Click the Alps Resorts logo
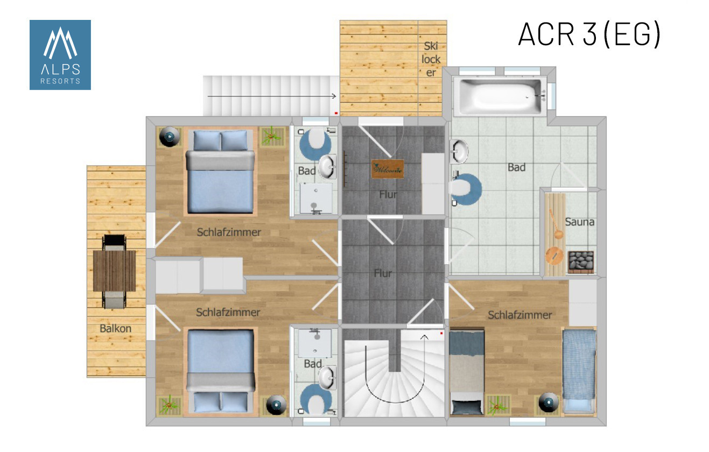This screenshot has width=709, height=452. point(60,55)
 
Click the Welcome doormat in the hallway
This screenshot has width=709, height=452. point(388,169)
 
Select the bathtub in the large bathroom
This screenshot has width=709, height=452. point(501,96)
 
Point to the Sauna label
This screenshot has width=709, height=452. point(580,222)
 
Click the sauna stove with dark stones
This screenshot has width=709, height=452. point(580,262)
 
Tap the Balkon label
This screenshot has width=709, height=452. point(116,328)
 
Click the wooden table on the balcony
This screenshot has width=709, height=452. point(114,271)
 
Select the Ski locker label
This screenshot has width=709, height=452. point(431,59)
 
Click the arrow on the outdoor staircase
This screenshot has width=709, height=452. point(271,96)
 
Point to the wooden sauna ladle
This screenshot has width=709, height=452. point(556,224)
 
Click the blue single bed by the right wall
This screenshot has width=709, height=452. point(579,371)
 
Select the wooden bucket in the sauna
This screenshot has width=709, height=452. point(554,256)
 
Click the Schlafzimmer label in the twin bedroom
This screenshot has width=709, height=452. point(520,315)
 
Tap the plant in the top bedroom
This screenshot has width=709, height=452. point(271,136)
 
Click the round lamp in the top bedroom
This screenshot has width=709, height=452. point(170,137)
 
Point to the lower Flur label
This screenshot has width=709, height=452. point(383,273)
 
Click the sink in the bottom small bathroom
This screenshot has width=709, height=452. point(327,378)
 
